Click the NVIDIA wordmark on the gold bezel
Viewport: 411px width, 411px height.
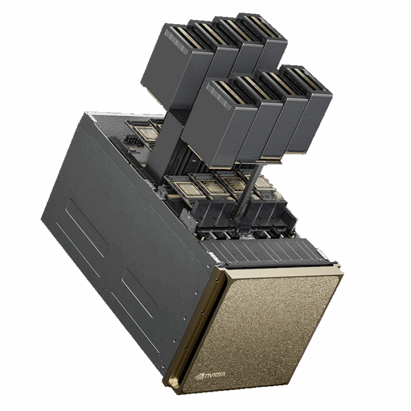pos(214,375)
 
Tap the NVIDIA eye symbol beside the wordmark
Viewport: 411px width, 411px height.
pos(200,377)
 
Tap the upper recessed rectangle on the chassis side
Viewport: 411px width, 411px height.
pos(87,227)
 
